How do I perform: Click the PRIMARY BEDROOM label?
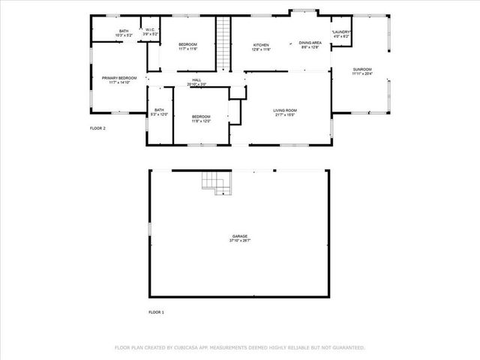coord(119,77)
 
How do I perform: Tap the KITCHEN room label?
coord(261,45)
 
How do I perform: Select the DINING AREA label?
coord(310,43)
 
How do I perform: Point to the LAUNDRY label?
coord(342,31)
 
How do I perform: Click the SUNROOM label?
coord(362,70)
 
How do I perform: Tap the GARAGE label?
coord(240,236)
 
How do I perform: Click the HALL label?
coord(196,80)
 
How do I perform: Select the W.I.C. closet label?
coord(150,31)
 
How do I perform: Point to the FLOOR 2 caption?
coord(98,128)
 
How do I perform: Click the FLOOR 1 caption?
coord(156,311)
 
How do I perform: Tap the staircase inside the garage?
coord(216,182)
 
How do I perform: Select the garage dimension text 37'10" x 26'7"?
coord(240,241)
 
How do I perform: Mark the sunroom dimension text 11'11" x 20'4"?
coord(362,74)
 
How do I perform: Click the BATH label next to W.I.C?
coord(124,31)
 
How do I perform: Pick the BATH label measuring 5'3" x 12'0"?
coord(159,110)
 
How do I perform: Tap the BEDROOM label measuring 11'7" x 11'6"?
coord(187,45)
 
